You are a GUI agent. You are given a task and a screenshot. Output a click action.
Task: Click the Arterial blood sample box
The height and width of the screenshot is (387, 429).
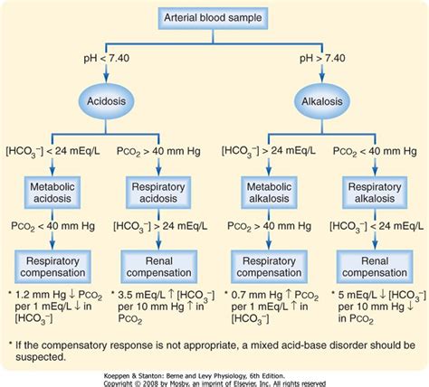tap(214, 18)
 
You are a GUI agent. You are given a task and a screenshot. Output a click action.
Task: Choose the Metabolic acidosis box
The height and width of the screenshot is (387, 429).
tap(53, 192)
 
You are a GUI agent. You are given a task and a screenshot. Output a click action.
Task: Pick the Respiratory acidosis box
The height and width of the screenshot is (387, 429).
tap(160, 192)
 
